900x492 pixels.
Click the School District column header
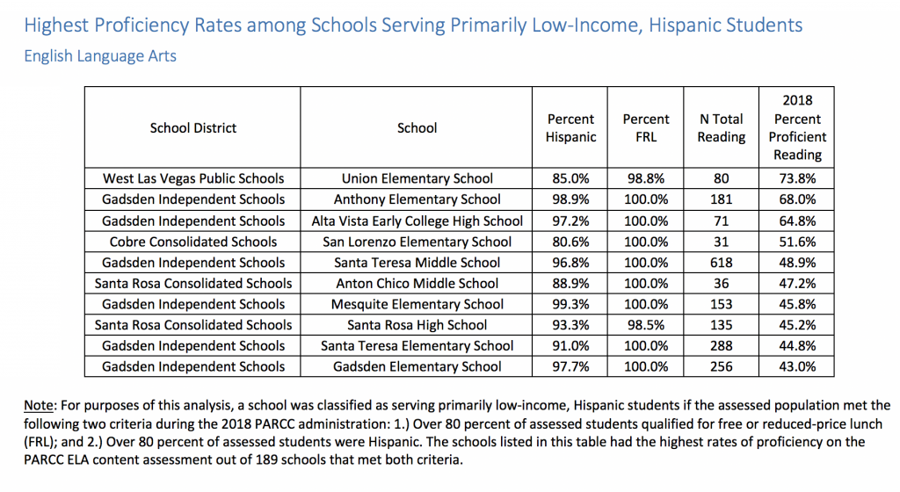tap(192, 128)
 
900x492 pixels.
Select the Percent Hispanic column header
tap(570, 128)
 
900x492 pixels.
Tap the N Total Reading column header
tap(721, 128)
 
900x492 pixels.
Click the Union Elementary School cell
tap(417, 178)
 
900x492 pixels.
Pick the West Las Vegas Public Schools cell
tap(193, 178)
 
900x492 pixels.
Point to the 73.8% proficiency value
tap(797, 178)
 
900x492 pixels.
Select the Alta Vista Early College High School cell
tap(417, 221)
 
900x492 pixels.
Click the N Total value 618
tap(721, 263)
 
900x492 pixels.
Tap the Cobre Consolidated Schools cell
tap(193, 242)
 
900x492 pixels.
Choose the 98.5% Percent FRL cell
tap(646, 325)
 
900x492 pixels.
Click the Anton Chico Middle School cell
tap(417, 283)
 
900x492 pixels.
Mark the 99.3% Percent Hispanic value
tap(570, 304)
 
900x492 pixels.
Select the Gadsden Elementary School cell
tap(417, 366)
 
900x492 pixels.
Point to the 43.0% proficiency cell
tap(797, 366)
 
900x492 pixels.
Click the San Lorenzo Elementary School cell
tap(417, 242)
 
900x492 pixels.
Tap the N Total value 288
tap(721, 346)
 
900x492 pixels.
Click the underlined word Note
tap(38, 405)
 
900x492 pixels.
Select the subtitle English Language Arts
tap(100, 56)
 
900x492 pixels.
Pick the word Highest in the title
tap(56, 25)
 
